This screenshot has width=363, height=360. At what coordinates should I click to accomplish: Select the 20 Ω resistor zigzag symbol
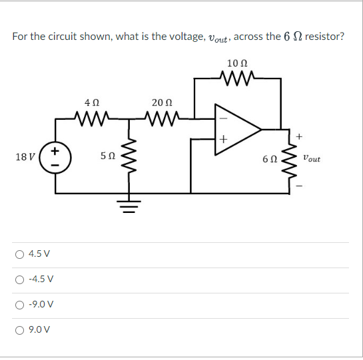coord(162,119)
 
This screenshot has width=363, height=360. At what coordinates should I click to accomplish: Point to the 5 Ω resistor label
coord(107,157)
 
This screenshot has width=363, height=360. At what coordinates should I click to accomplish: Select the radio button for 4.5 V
coord(22,254)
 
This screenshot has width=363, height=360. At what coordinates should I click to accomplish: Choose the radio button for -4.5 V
coord(22,279)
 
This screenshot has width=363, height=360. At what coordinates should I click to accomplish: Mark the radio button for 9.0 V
coord(22,329)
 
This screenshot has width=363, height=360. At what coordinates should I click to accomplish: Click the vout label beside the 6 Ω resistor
coord(311,158)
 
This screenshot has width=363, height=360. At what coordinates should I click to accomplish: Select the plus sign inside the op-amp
coord(222,139)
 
